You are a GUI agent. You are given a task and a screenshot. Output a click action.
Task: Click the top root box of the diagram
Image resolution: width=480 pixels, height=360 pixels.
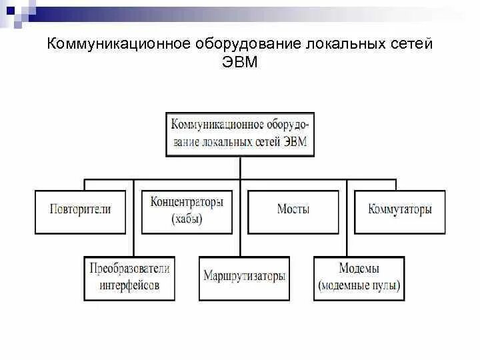coord(240,134)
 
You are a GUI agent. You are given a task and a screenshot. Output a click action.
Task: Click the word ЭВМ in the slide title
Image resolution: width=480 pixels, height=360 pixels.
coord(240,63)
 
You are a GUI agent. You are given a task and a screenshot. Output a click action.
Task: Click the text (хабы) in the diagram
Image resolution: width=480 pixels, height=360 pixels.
coord(187,219)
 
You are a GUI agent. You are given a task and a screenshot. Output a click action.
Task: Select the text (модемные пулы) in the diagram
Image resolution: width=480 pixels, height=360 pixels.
coord(359,286)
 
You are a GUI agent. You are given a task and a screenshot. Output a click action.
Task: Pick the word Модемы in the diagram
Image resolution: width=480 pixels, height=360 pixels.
coord(359,269)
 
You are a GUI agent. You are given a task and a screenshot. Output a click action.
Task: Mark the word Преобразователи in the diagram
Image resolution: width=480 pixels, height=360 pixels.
coord(130,269)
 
